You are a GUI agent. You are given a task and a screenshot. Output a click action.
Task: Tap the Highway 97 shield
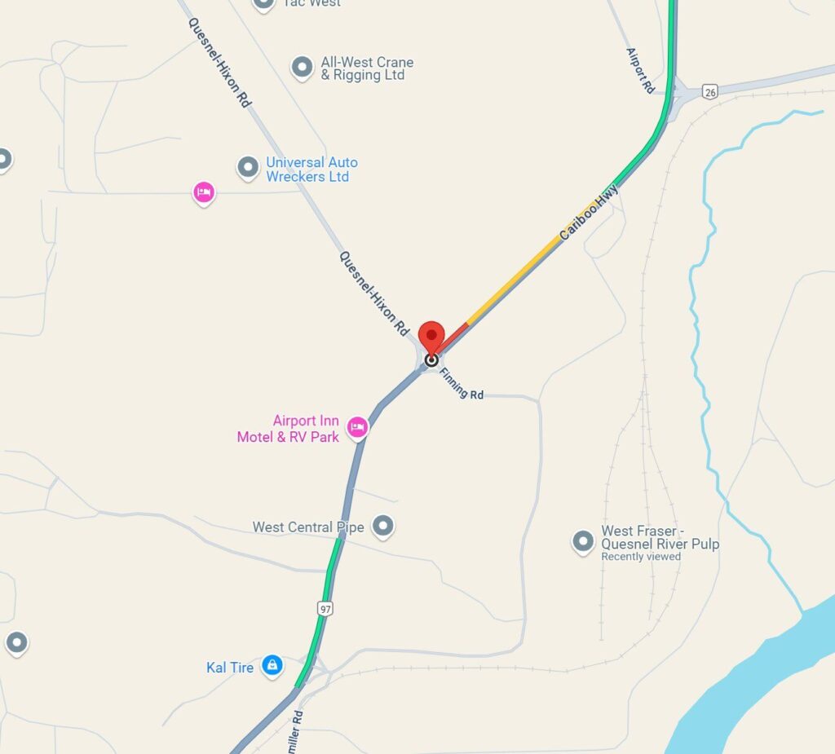coord(326,607)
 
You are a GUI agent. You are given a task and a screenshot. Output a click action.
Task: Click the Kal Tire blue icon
coord(272,666)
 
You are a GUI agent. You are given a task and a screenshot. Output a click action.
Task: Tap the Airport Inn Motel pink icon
coord(357,427)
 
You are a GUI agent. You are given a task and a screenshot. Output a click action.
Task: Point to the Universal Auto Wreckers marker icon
coord(248,168)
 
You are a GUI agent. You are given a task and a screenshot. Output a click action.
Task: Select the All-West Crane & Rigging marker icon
coord(303,67)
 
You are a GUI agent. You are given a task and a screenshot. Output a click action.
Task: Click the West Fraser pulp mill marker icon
coord(582,540)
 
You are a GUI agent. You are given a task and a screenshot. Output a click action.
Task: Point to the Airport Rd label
coord(641,70)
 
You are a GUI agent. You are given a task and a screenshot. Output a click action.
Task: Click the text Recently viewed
coord(641,557)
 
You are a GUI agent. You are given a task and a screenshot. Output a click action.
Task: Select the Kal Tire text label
coord(230,668)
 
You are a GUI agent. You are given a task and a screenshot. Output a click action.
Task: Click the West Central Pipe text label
coord(307,527)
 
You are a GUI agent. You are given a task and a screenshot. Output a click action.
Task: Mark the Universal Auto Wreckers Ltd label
coord(311,170)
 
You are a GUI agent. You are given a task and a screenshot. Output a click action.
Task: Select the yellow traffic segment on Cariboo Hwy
coord(514,280)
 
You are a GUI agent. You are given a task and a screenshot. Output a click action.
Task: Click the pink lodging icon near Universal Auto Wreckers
coord(203,192)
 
